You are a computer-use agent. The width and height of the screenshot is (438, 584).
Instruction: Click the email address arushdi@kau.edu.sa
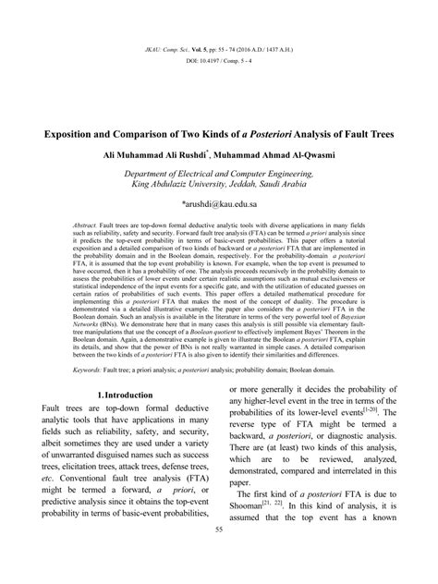point(218,199)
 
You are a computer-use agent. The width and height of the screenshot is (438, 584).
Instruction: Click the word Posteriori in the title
point(289,133)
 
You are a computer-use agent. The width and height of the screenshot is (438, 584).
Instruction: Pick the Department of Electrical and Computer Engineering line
point(219,172)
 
